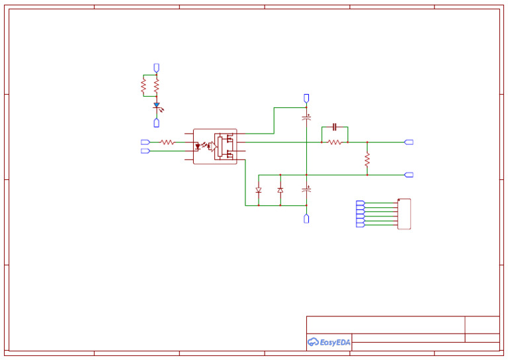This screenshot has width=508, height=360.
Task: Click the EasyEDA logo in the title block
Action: point(329,342)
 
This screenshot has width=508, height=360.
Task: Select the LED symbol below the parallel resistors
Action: point(157,106)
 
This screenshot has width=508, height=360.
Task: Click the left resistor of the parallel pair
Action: point(144,85)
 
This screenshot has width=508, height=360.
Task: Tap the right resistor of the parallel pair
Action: point(157,85)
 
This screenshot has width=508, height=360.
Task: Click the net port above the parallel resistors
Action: point(157,67)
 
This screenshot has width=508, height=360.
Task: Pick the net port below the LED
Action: point(157,122)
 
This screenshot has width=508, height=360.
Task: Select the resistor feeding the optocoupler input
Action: point(167,142)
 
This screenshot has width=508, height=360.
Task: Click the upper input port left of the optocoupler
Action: point(145,142)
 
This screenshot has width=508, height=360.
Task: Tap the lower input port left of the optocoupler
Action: point(145,151)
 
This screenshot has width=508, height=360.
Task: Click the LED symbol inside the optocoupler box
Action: point(198,146)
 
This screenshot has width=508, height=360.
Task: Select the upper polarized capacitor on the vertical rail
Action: point(306,117)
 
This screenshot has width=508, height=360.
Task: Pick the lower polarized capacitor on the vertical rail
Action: point(306,190)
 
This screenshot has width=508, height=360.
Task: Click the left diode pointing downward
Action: point(259,190)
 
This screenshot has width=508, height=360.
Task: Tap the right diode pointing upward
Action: point(280,190)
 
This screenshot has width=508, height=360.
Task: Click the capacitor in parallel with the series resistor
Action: point(335,126)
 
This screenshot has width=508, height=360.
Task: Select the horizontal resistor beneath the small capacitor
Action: point(335,142)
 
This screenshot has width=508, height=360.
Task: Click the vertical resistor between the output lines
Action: point(367,159)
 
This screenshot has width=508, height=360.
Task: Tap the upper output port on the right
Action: point(409,142)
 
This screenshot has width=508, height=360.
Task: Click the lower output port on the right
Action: point(409,175)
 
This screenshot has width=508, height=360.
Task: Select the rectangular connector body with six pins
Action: point(404,214)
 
